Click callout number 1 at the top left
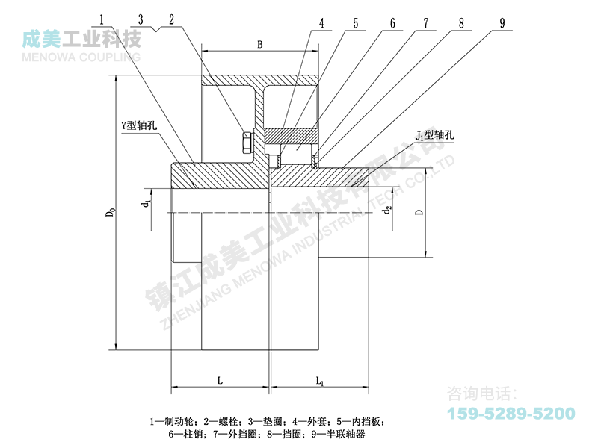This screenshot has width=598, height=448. pyautogui.click(x=102, y=19)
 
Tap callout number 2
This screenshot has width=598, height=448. pyautogui.click(x=172, y=19)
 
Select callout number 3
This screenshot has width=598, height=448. pyautogui.click(x=141, y=19)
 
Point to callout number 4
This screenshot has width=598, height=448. pyautogui.click(x=321, y=23)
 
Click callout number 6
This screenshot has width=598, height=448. pyautogui.click(x=392, y=23)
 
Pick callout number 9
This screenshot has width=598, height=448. pyautogui.click(x=502, y=23)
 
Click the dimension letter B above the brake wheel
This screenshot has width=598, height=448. pyautogui.click(x=259, y=45)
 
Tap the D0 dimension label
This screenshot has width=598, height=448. pyautogui.click(x=110, y=212)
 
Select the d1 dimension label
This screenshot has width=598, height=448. pyautogui.click(x=147, y=203)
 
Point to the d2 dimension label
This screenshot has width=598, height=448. pyautogui.click(x=387, y=210)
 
